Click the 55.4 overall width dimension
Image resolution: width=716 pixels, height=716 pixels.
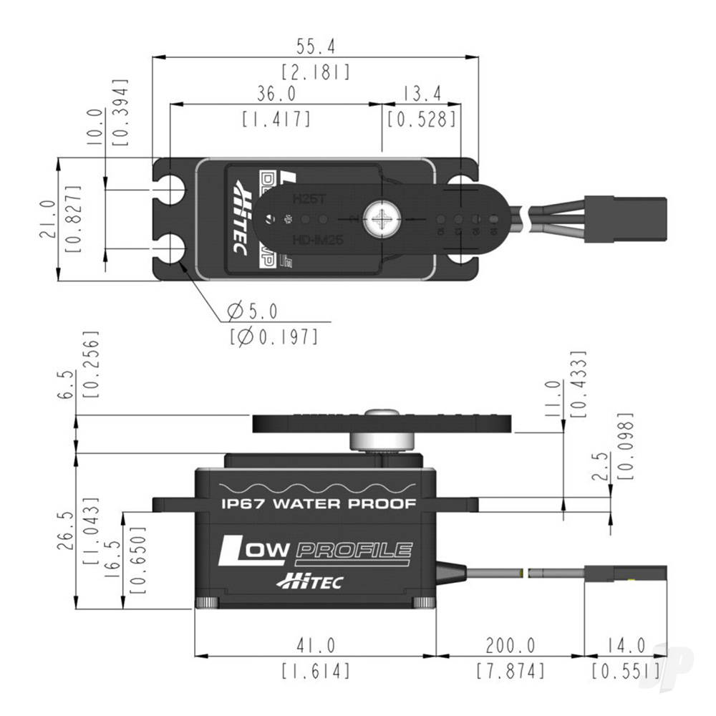316,47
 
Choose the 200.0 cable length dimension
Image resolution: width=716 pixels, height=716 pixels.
510,646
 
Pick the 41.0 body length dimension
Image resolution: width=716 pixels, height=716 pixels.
315,646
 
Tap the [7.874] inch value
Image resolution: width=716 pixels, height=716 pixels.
510,671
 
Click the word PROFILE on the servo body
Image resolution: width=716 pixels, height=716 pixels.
354,551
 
